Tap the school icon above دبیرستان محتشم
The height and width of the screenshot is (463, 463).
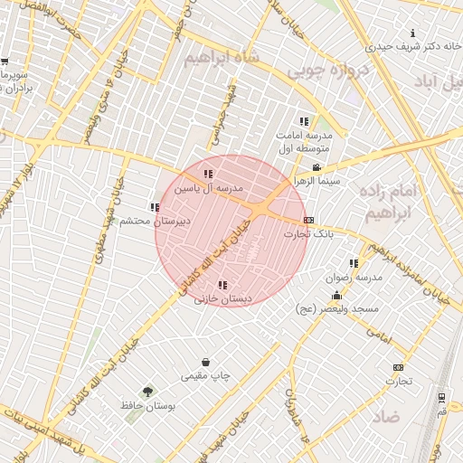[x=154, y=207]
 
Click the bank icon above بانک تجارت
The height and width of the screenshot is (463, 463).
[x=309, y=220]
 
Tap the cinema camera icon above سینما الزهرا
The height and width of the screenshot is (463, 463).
[x=316, y=167]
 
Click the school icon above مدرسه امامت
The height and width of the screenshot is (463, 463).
[x=304, y=121]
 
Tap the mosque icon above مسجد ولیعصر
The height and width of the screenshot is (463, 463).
[x=337, y=296]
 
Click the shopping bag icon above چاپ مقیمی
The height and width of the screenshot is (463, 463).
[x=206, y=363]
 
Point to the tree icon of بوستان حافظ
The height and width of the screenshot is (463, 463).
[x=147, y=391]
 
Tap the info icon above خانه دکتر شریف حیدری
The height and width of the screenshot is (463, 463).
[x=413, y=33]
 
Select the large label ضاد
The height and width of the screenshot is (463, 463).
[x=386, y=416]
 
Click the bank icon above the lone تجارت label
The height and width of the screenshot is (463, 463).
[x=398, y=367]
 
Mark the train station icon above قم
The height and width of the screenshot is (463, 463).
[x=440, y=398]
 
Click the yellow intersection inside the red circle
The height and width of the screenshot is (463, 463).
[x=260, y=209]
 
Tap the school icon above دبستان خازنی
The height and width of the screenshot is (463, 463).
[x=222, y=285]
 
